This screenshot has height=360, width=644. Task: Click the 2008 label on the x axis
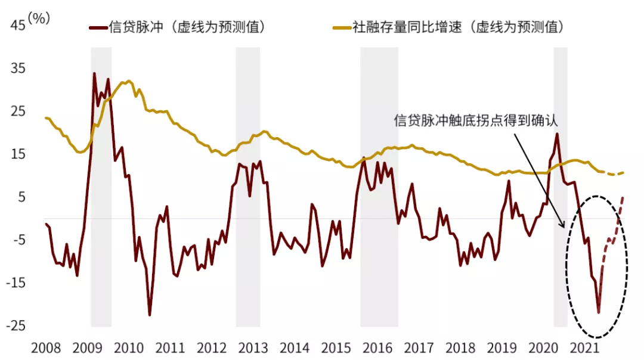[45, 348]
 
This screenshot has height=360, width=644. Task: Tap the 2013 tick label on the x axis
[253, 348]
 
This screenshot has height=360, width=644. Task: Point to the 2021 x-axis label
[585, 348]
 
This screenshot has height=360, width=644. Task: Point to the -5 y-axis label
[17, 240]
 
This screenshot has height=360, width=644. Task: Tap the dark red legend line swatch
[97, 27]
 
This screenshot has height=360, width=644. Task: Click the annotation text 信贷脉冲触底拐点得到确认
[475, 120]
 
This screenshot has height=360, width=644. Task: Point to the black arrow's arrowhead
[562, 226]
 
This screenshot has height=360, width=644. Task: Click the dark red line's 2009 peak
[94, 73]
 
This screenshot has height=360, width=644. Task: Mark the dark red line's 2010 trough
[150, 315]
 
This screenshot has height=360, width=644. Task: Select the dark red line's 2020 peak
[557, 134]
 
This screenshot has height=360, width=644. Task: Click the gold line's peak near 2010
[128, 80]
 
